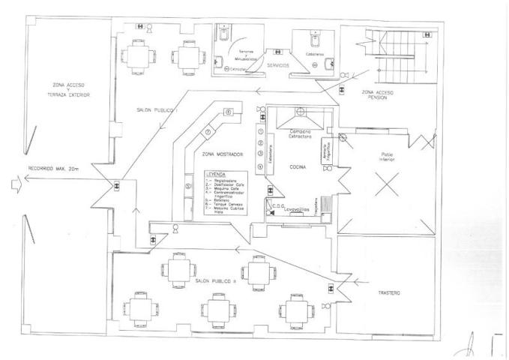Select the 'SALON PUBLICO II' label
coord(215,280)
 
